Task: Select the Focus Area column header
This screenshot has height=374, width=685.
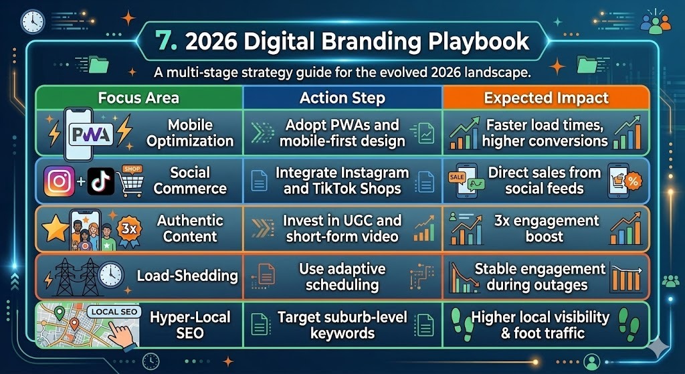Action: click(138, 98)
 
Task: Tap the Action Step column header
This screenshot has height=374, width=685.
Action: click(342, 98)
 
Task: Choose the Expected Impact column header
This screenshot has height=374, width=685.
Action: click(546, 98)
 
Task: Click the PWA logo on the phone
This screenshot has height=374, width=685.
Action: click(90, 135)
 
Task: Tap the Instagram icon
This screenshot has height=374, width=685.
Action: click(60, 181)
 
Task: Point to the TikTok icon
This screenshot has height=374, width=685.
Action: click(101, 181)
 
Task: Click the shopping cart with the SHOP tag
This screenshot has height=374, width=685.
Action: click(130, 181)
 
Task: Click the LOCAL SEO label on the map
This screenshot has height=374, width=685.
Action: click(114, 312)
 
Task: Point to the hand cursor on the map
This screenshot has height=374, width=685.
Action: click(120, 335)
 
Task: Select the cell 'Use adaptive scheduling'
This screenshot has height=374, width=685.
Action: click(342, 276)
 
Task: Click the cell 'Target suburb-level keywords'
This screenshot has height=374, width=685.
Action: click(342, 324)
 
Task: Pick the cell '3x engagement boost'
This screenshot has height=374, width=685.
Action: click(546, 229)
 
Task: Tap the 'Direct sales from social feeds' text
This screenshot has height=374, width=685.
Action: click(545, 181)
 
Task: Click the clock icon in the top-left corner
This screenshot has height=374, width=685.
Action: click(32, 21)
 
